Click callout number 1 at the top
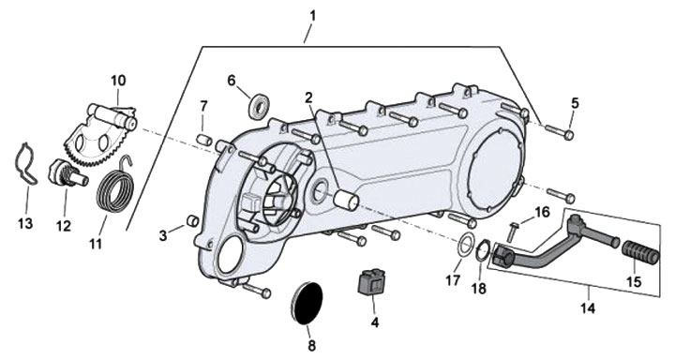click(312, 16)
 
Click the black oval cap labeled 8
click(306, 304)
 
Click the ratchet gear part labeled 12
click(67, 172)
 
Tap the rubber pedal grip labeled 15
click(641, 251)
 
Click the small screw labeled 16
click(512, 232)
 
